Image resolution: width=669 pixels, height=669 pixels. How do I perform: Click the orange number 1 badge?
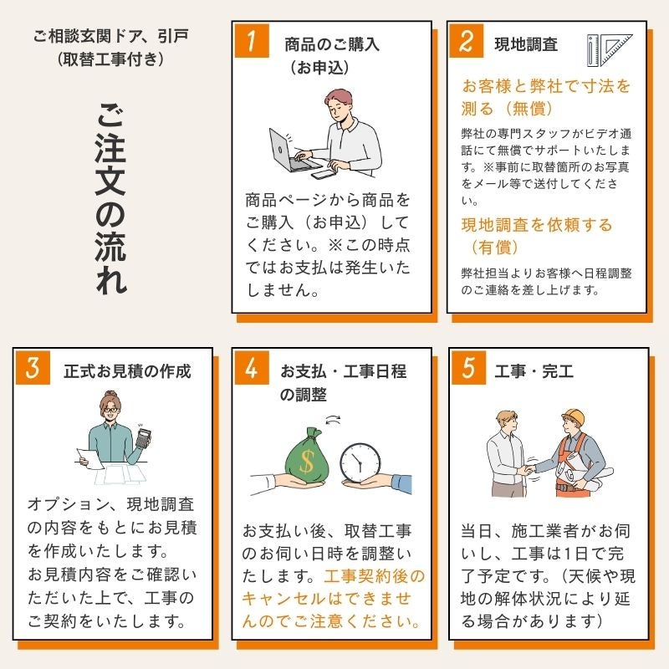252,41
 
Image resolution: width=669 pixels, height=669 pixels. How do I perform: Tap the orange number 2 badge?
467,41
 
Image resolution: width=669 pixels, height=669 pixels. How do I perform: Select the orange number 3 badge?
33,368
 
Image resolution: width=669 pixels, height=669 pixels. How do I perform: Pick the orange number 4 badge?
252,368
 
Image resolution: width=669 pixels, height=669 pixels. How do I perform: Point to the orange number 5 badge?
468,368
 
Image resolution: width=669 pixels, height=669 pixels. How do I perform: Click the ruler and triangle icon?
610,50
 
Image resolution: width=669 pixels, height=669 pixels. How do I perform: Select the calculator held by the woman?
143,438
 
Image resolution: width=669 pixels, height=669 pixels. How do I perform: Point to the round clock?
360,463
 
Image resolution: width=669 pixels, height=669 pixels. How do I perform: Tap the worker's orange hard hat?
574,416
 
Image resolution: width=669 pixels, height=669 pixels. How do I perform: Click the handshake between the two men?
529,469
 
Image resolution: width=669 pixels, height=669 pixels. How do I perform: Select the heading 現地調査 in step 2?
526,44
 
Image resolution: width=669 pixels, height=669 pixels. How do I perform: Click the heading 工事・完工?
534,371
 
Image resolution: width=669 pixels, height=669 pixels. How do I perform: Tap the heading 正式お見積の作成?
127,371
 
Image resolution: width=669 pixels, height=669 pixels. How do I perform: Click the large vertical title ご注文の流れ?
111,198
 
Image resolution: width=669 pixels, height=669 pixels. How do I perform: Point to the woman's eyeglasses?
110,410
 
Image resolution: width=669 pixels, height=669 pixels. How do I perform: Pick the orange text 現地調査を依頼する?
537,225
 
